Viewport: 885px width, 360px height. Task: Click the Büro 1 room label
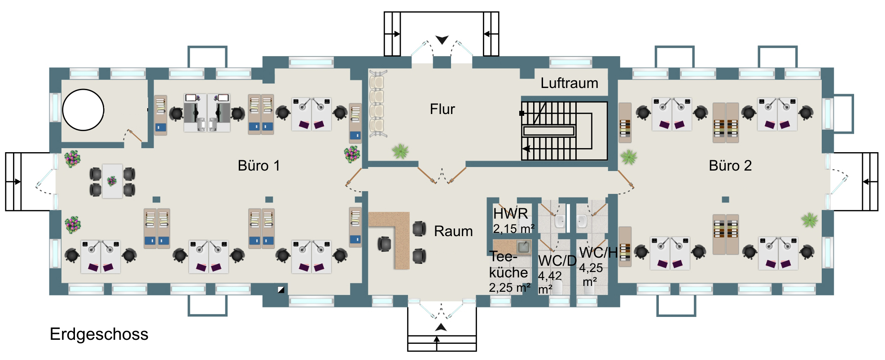(x=258, y=166)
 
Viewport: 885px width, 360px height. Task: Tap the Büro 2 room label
(x=730, y=166)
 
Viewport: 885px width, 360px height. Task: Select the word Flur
(x=442, y=109)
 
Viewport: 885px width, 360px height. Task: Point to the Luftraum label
(x=569, y=83)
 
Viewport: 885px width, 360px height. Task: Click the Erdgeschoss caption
(x=99, y=334)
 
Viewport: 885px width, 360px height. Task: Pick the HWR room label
(x=510, y=214)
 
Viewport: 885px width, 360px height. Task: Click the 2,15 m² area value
(x=513, y=229)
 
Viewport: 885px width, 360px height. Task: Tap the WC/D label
(x=557, y=261)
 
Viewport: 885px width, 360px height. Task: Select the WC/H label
(x=599, y=253)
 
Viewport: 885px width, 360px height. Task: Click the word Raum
(x=453, y=231)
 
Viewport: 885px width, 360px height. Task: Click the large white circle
(x=83, y=110)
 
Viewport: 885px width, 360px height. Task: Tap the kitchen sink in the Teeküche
(x=523, y=246)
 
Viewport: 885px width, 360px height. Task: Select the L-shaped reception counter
(x=397, y=236)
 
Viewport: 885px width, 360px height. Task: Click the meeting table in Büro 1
(x=112, y=181)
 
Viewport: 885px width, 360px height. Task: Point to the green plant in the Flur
(x=400, y=151)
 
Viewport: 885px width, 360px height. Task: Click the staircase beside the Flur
(x=564, y=131)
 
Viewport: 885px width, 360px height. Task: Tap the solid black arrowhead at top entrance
(x=442, y=40)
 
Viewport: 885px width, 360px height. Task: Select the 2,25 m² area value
(x=510, y=288)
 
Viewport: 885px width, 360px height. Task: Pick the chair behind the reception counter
(x=384, y=244)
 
